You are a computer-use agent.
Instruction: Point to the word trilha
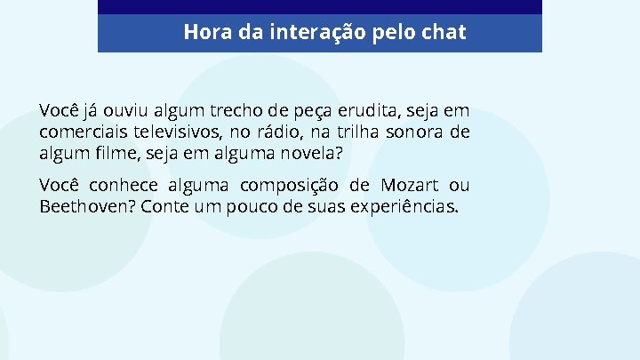click(x=363, y=132)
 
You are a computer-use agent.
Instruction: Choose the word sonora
click(x=418, y=132)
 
